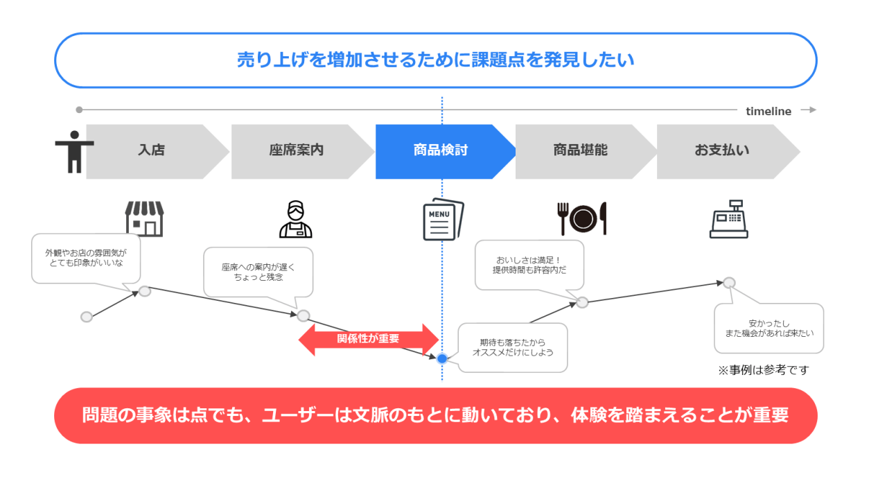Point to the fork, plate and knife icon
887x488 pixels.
pyautogui.click(x=582, y=218)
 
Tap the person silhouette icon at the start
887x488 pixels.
pyautogui.click(x=74, y=151)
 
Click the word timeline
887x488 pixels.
pyautogui.click(x=769, y=111)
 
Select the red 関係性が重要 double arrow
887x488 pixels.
pyautogui.click(x=368, y=339)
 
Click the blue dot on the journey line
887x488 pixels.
pyautogui.click(x=442, y=358)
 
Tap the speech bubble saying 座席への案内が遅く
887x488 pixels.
pyautogui.click(x=258, y=272)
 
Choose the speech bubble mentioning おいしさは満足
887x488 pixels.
pyautogui.click(x=529, y=265)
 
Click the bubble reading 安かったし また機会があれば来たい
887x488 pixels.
pyautogui.click(x=769, y=328)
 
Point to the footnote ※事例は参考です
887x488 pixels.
pyautogui.click(x=763, y=370)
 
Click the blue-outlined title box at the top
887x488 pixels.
pyautogui.click(x=435, y=60)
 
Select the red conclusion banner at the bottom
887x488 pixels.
pyautogui.click(x=435, y=415)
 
